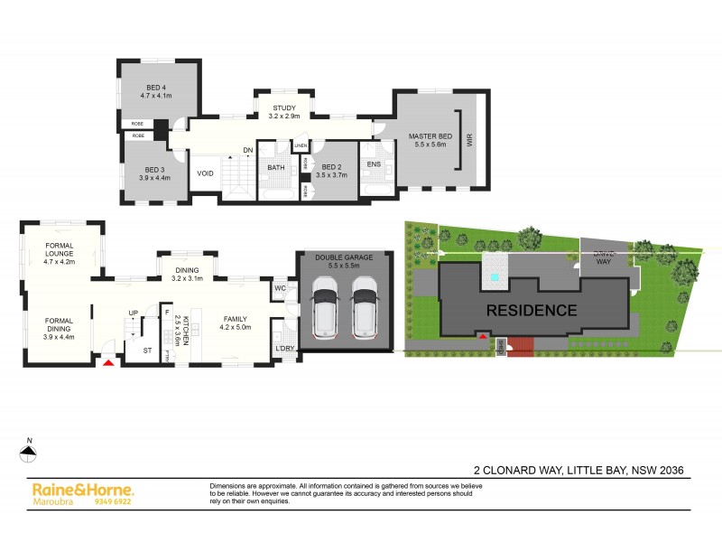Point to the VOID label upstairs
pos(206,173)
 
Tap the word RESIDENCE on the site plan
pos(532,310)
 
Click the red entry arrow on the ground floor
pos(109,362)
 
